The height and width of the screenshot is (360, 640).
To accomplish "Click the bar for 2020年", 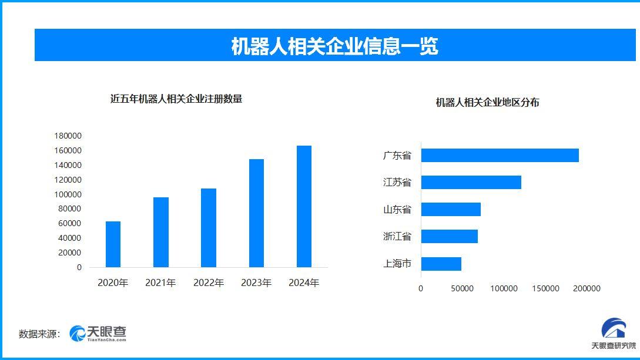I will coord(113,244).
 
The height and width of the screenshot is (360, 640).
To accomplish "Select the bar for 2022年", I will coord(209,228).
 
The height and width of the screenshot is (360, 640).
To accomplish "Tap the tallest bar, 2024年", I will coord(304,206).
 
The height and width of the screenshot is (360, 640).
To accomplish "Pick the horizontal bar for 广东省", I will coord(500,156).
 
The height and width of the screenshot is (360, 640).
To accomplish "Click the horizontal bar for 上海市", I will coord(441,264).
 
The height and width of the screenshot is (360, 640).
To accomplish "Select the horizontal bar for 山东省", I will coord(451,209).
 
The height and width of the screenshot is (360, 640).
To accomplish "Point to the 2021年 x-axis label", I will coord(160,283).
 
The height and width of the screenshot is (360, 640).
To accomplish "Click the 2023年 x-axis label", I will coord(256,283).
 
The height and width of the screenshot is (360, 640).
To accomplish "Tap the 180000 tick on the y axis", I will coord(68,136).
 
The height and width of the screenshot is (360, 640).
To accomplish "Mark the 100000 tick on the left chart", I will coord(68,194).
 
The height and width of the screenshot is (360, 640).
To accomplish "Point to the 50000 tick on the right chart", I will coord(463,288).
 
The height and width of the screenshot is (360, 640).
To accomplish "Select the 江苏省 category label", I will coord(397,183).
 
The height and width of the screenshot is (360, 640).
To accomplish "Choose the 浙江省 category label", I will coord(397,237).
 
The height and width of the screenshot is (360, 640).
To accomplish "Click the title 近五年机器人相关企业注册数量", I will coord(176,99).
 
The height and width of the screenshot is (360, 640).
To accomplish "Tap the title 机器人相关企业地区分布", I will coord(487,103).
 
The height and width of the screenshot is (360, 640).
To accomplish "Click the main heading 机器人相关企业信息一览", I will coord(334,46).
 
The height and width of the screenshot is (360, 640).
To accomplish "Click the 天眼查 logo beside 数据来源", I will coord(98,334).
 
